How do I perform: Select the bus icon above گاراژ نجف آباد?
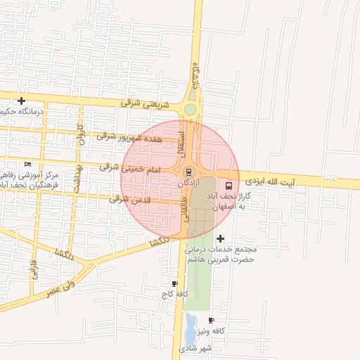click(228, 186)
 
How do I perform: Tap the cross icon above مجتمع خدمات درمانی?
click(221, 239)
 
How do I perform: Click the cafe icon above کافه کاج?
click(174, 283)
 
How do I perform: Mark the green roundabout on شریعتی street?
click(190, 110)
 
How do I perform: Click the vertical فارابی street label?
click(32, 270)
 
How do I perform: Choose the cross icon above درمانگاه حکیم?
click(22, 101)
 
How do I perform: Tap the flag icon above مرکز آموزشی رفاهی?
click(27, 164)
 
